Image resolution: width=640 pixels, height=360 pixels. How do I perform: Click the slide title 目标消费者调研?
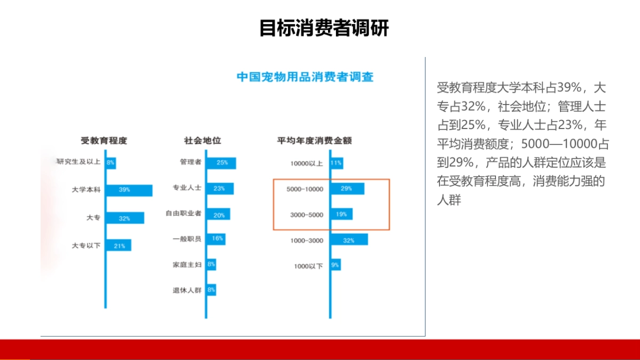point(324,28)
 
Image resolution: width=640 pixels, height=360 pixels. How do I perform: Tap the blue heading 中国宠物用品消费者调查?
point(305,77)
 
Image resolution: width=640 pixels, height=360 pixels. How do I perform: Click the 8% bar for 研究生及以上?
point(111,163)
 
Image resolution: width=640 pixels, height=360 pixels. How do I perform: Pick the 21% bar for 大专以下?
point(119,245)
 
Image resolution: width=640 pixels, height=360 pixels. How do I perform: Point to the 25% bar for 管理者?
point(221,163)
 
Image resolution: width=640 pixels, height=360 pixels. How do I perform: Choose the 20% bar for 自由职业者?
point(218,214)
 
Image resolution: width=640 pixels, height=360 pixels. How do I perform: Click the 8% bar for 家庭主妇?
point(211,265)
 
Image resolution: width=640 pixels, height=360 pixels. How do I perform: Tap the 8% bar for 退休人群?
point(211,290)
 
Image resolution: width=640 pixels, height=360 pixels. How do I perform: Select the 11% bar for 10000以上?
point(337,163)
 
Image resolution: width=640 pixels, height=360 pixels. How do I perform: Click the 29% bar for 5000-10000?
point(348,189)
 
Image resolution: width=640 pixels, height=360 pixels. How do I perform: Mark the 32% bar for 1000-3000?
point(350,239)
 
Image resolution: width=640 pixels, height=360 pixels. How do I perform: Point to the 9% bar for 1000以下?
point(336,265)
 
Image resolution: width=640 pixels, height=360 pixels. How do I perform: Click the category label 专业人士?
point(187,188)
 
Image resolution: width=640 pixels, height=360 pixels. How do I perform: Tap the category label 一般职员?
point(187,239)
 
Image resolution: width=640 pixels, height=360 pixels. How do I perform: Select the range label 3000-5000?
point(307,215)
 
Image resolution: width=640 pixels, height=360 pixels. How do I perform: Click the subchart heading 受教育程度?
point(103,141)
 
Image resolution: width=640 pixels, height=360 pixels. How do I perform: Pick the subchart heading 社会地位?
point(203,141)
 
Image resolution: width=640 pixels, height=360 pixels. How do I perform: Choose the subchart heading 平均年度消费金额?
point(314,141)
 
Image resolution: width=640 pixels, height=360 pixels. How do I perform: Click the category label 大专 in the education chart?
point(93,218)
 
